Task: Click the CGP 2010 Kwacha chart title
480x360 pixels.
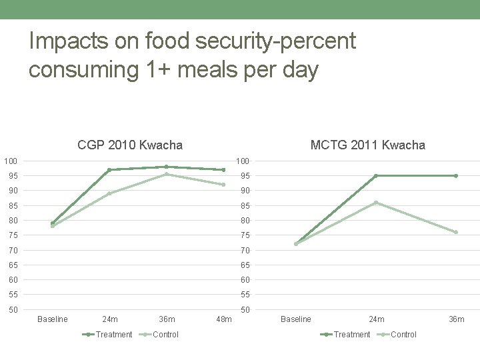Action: point(130,145)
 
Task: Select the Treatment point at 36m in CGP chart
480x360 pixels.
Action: point(166,167)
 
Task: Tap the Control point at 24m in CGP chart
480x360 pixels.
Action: point(109,193)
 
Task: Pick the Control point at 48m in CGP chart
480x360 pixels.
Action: point(223,185)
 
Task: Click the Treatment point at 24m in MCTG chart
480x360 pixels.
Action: point(376,175)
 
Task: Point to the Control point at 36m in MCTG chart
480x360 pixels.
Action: point(456,232)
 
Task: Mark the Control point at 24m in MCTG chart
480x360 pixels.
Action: point(376,203)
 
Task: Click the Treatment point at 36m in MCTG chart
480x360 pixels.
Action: point(456,175)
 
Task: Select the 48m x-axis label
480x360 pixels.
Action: point(223,319)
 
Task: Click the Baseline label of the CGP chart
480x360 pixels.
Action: point(53,319)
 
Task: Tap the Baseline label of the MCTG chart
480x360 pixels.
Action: point(296,319)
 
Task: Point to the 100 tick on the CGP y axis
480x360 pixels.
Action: point(10,161)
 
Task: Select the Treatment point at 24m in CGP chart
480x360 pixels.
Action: point(109,170)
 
